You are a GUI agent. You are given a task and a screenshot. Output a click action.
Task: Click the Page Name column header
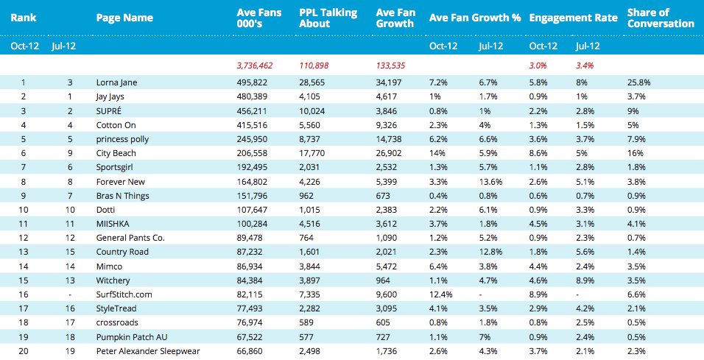124,18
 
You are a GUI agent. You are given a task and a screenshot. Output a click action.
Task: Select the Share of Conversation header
661,18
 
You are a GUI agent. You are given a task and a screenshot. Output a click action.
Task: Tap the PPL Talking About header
328,18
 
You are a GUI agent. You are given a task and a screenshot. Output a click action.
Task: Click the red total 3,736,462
255,66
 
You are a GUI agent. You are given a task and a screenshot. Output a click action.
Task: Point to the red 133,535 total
390,66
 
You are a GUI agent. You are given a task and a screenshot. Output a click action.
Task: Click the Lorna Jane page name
117,82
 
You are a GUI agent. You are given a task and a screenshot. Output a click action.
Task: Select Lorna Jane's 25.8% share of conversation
639,82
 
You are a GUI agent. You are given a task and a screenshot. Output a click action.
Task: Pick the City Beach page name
116,153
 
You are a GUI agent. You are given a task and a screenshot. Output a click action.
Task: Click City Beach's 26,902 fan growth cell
389,153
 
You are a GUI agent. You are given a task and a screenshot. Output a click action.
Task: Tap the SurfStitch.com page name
124,294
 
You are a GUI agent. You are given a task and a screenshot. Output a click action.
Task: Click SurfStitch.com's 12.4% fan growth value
441,294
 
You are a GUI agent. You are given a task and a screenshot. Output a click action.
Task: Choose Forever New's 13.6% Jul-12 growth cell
490,182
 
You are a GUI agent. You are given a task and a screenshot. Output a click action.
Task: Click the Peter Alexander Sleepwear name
148,351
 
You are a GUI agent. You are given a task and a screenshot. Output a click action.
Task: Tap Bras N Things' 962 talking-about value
306,196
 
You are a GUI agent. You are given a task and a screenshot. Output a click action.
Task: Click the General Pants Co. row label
130,238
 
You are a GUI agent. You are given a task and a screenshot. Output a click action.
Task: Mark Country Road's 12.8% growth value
490,252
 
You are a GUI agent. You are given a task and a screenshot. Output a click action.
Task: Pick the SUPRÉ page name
109,111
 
